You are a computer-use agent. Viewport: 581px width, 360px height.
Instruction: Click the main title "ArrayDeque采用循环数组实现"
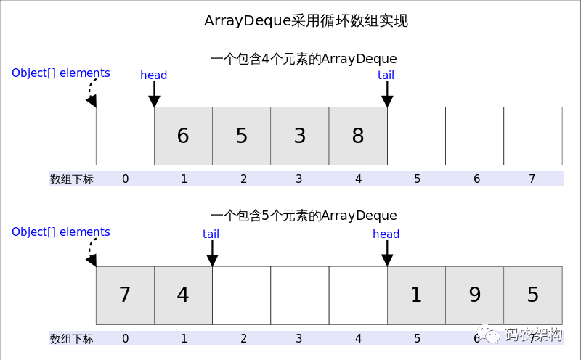(306, 21)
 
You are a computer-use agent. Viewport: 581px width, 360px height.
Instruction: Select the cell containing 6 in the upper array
(183, 136)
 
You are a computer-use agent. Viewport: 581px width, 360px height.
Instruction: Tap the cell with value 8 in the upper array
(358, 136)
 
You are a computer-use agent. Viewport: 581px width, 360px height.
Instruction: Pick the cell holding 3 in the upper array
(299, 136)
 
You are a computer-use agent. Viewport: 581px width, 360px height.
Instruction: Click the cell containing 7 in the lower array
(125, 295)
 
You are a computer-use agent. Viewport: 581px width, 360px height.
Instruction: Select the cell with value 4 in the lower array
(183, 295)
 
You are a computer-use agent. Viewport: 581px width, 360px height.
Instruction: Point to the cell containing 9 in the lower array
(474, 295)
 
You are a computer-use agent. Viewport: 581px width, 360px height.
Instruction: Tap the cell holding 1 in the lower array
(416, 295)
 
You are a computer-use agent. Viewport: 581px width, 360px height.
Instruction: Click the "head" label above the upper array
(154, 75)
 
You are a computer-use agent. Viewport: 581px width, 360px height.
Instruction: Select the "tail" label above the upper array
(386, 75)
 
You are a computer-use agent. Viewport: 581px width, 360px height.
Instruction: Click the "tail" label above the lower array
(211, 234)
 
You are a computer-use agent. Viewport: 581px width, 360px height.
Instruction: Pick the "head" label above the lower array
(386, 234)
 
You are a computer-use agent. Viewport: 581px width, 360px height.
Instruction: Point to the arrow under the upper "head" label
(154, 95)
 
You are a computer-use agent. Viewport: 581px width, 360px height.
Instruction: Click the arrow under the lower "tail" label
(212, 254)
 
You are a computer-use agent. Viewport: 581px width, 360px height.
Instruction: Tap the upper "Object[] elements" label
(61, 73)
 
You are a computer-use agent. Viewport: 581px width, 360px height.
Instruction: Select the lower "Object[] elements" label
(61, 232)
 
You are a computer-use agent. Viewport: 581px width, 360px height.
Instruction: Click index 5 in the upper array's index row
(417, 179)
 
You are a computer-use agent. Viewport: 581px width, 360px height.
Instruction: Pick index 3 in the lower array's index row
(299, 338)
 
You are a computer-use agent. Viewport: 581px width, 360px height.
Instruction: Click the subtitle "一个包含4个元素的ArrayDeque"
(304, 59)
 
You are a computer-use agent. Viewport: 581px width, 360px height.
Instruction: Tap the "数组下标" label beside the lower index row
(71, 339)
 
